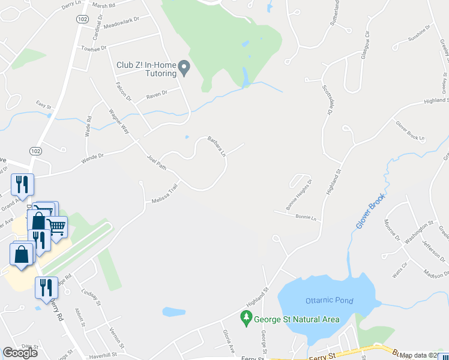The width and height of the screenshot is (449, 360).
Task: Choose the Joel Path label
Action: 157,162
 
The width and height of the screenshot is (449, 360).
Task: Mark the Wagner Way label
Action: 119,119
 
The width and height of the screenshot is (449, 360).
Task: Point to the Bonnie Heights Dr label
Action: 300,194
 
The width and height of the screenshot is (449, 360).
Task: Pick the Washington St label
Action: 419,232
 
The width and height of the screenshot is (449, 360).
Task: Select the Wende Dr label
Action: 92,159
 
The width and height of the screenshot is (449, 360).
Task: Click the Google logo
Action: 20,353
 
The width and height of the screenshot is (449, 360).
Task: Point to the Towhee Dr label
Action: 94,48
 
